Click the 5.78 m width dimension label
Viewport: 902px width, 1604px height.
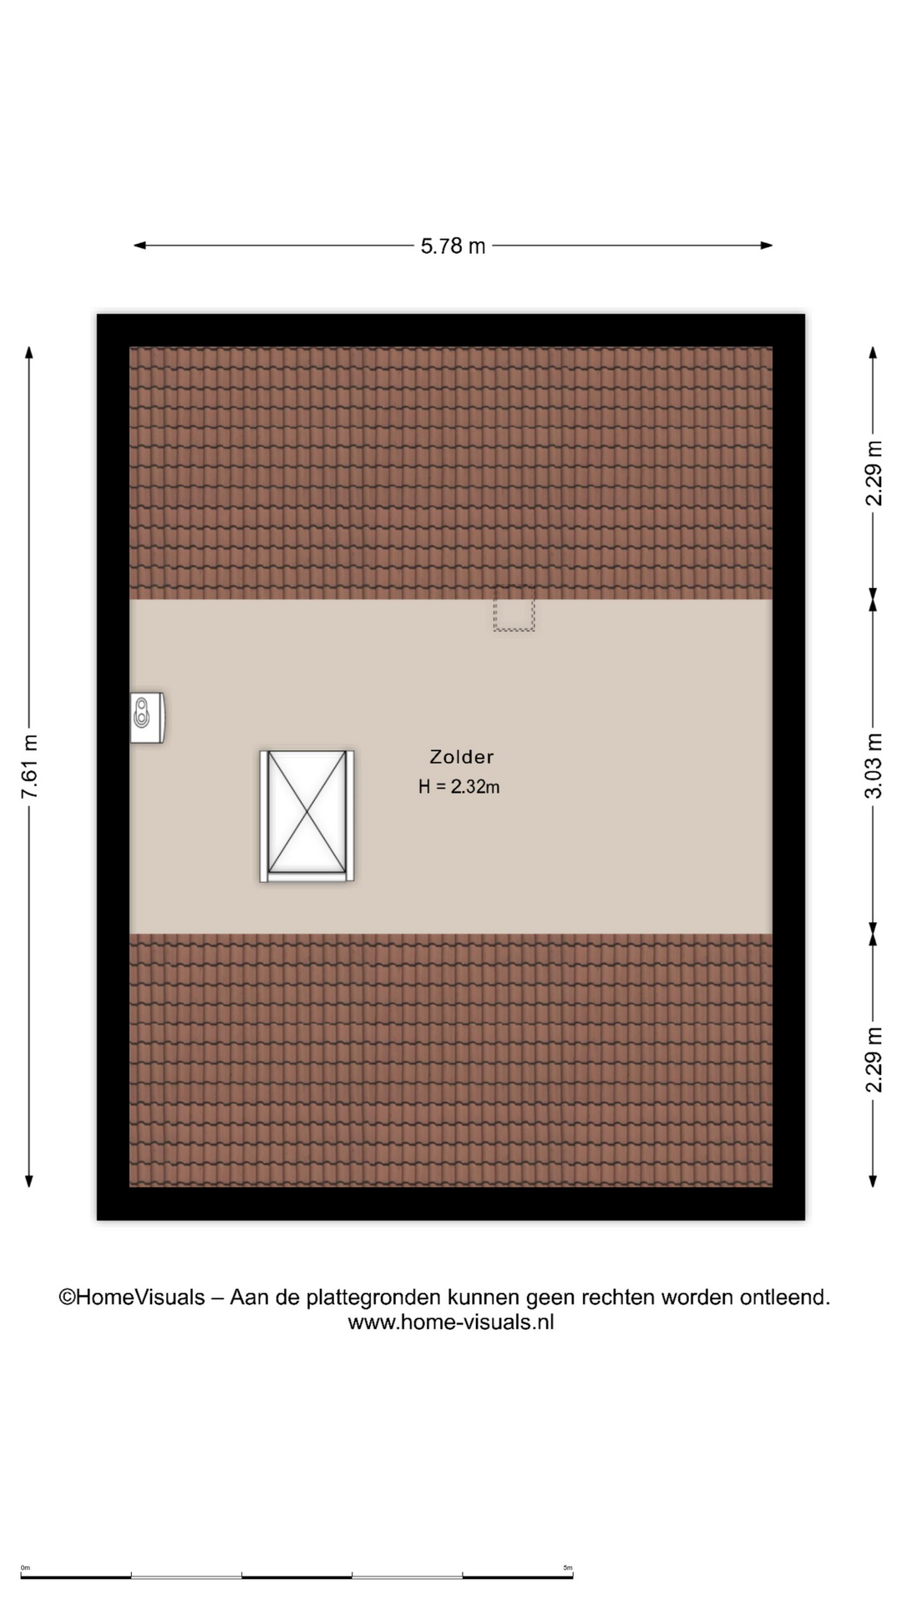[453, 246]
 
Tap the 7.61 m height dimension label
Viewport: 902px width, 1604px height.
[30, 767]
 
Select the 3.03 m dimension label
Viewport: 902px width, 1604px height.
[874, 765]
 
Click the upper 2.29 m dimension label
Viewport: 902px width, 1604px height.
[874, 473]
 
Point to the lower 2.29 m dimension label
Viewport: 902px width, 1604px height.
[874, 1059]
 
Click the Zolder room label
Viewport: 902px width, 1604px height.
[462, 757]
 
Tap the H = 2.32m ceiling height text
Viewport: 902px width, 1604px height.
[459, 786]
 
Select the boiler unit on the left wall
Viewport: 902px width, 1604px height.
[147, 718]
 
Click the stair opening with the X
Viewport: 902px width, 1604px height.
[307, 816]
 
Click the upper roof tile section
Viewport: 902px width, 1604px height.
[451, 473]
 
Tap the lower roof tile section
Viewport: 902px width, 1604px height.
[451, 1059]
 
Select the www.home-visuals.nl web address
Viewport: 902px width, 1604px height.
[451, 1322]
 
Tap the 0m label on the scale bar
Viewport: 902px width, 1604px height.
[25, 1568]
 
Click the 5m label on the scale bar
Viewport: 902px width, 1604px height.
[568, 1568]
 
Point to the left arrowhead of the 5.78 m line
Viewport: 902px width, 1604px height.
[139, 246]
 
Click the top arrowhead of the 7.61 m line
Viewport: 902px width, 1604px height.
[29, 352]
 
